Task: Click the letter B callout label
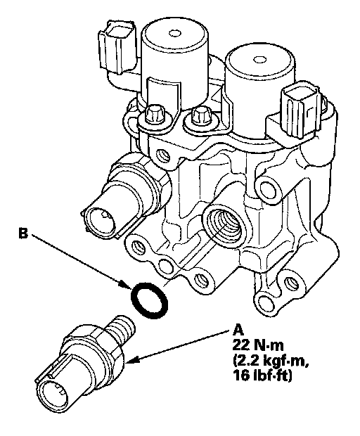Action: coord(23,233)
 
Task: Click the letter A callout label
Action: coord(238,331)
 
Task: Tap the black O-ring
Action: coord(149,300)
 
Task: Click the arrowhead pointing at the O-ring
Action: coord(125,286)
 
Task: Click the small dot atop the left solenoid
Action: coord(174,34)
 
